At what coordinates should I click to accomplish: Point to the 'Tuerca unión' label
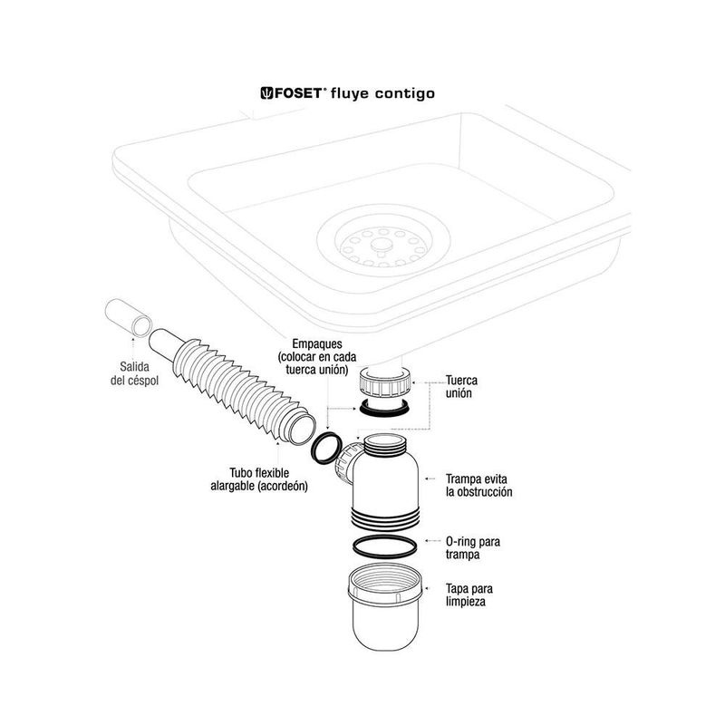point(461,387)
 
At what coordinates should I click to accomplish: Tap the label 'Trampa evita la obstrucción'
point(478,485)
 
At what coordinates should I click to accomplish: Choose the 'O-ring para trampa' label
point(472,547)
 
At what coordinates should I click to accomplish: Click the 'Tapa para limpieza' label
point(469,594)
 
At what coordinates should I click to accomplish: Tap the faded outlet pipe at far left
point(125,317)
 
